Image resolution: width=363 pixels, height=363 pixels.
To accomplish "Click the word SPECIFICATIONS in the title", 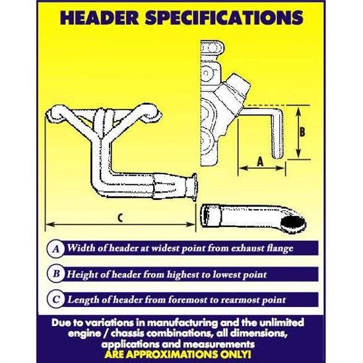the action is click(x=224, y=18).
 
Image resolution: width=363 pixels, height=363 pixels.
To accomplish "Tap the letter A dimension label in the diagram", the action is click(x=261, y=161).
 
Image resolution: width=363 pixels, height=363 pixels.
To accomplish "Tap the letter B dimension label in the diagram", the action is click(x=302, y=132).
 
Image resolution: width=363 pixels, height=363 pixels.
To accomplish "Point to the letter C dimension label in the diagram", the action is click(x=120, y=218).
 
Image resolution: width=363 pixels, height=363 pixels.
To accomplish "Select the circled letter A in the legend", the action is click(x=56, y=249).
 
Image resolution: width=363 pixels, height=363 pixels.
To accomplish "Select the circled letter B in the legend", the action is click(x=56, y=274).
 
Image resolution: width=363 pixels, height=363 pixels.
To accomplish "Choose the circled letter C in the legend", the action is click(x=56, y=300).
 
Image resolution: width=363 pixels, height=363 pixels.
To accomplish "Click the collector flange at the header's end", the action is click(x=193, y=187).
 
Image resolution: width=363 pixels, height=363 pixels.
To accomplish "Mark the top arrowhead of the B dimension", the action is click(x=298, y=112).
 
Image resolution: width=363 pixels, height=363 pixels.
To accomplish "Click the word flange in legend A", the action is click(x=280, y=249).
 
